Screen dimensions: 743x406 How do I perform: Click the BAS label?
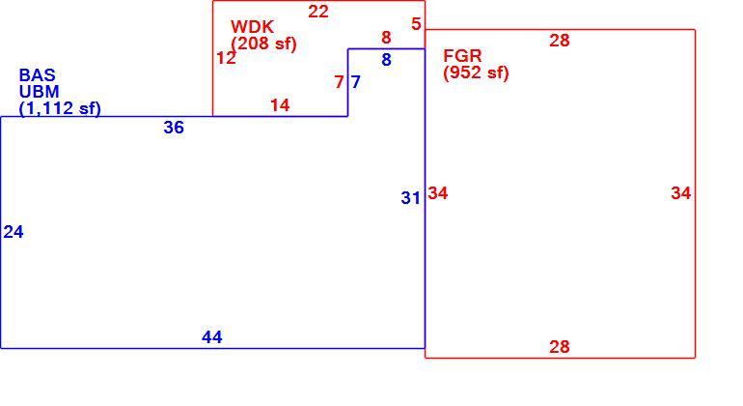(x=37, y=75)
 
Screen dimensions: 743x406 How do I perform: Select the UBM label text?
(x=39, y=91)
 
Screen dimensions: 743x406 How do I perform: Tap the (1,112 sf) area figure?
(x=60, y=108)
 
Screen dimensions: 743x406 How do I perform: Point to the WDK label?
(x=252, y=26)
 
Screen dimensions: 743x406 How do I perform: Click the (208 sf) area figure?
(x=263, y=43)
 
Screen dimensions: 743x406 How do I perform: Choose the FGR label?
(x=462, y=55)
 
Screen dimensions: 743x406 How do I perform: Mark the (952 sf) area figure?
(x=476, y=72)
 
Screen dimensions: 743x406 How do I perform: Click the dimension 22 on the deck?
(x=318, y=12)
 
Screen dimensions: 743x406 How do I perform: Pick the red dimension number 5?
(x=416, y=24)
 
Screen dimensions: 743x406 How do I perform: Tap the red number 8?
(x=386, y=37)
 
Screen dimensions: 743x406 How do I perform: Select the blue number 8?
(x=386, y=60)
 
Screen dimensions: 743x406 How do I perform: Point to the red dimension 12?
(x=226, y=58)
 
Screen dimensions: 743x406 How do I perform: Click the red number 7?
(x=339, y=82)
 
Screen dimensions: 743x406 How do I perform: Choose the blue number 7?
(x=355, y=82)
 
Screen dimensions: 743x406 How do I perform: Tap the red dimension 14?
(x=280, y=105)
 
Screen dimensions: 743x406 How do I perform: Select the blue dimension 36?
(x=174, y=128)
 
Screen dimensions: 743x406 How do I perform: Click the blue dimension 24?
(x=14, y=232)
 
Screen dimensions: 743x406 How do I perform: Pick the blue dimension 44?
(x=212, y=337)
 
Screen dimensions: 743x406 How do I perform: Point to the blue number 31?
(x=410, y=197)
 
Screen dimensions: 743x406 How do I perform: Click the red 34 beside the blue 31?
(x=438, y=193)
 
